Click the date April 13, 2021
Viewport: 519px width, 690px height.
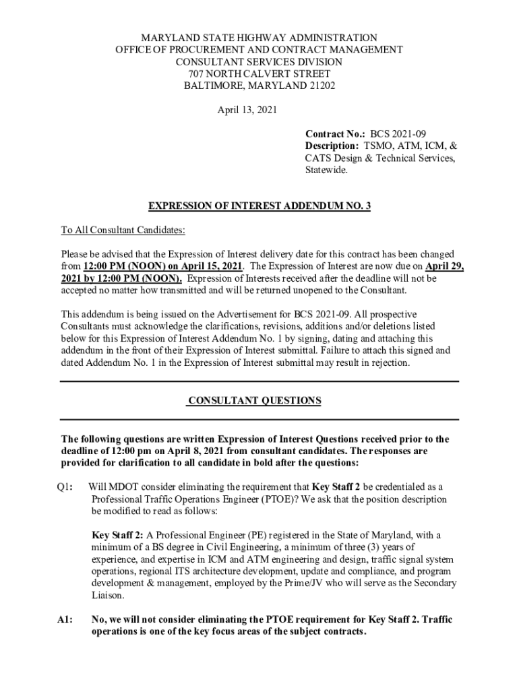(247, 110)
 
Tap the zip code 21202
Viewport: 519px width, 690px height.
(321, 86)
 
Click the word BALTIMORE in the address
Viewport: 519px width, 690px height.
(211, 86)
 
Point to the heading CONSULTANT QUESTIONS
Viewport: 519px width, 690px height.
(254, 401)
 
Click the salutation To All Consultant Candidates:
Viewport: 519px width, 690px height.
(123, 230)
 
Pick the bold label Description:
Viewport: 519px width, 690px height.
(332, 146)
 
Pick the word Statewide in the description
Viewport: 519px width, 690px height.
(326, 170)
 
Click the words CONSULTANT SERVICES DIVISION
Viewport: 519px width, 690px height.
(259, 61)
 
